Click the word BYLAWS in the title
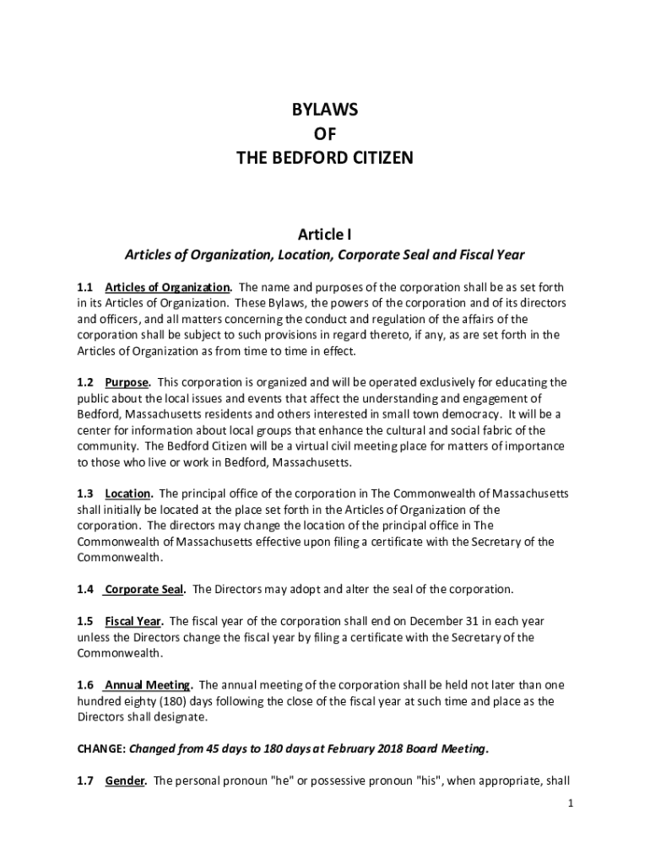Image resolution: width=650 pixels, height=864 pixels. [x=325, y=111]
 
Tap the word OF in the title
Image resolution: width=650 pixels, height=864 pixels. [x=325, y=134]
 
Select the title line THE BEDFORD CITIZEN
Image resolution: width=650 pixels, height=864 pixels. [x=325, y=158]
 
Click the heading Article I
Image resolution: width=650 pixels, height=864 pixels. [x=325, y=232]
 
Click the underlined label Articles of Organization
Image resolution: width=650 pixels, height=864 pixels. [x=167, y=287]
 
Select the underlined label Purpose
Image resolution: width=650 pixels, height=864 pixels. [x=127, y=382]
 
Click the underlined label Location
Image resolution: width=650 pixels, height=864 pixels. [x=127, y=494]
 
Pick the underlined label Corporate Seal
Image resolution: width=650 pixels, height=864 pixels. [x=143, y=589]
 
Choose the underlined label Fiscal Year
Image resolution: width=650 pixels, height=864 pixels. [x=133, y=621]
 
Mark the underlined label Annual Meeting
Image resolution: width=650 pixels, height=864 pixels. [x=148, y=685]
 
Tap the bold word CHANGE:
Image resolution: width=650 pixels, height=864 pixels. [x=101, y=748]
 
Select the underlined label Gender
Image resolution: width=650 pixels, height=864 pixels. [x=125, y=780]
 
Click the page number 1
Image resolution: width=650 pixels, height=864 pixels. [x=571, y=803]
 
